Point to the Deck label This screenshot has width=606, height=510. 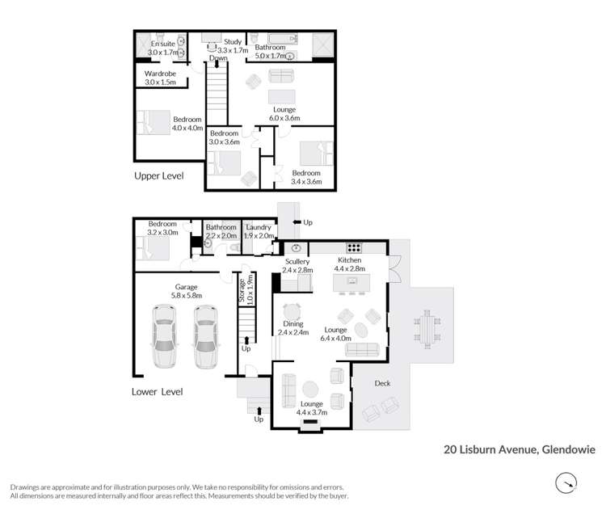click(x=382, y=383)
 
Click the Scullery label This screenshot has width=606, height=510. click(x=297, y=266)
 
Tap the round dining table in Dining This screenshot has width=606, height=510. click(x=292, y=310)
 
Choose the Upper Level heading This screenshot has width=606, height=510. click(x=158, y=175)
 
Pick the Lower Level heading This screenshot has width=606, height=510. click(x=157, y=392)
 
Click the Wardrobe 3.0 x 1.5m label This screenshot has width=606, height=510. click(x=160, y=78)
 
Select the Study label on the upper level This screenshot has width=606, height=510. click(x=234, y=46)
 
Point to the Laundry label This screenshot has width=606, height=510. click(x=259, y=232)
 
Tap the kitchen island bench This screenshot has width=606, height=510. click(x=352, y=281)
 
